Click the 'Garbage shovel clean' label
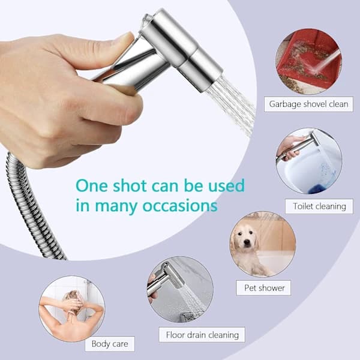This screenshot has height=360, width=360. click(308, 104)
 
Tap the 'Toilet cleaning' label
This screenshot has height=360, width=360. click(319, 206)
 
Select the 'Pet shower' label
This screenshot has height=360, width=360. click(263, 287)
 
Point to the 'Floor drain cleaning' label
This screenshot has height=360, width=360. click(202, 335)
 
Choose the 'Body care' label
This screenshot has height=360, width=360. click(110, 344)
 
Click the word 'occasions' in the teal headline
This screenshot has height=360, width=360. click(180, 205)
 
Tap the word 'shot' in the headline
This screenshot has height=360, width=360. click(130, 185)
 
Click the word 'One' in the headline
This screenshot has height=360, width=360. click(92, 185)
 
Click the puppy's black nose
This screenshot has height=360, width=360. click(247, 242)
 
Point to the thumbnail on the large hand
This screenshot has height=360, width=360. click(125, 37)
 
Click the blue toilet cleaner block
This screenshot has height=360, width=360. click(315, 189)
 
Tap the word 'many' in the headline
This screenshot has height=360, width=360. click(115, 206)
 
